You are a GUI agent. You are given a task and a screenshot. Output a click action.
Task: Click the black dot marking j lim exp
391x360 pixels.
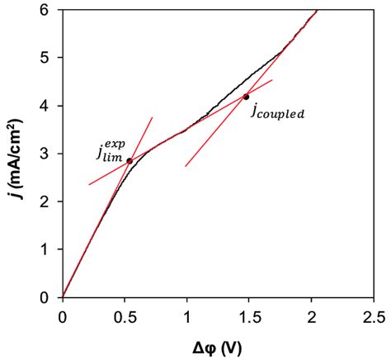130,160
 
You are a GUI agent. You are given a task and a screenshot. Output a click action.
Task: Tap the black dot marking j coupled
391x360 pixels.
246,97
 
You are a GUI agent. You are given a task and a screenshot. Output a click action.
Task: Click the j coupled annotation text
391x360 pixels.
277,111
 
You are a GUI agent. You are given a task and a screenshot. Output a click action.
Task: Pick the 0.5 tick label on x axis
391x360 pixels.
125,315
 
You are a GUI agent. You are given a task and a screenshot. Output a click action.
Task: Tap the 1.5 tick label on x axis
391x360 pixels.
249,315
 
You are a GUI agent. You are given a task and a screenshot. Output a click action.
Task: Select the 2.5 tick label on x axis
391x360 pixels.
374,315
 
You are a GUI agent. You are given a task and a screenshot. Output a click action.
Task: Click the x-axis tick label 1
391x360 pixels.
187,315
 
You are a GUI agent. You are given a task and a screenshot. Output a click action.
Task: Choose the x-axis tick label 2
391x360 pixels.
312,315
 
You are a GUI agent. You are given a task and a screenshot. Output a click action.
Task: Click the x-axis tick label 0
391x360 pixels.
63,315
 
